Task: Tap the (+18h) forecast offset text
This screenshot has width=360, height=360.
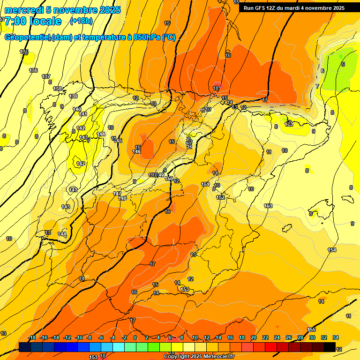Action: point(81,21)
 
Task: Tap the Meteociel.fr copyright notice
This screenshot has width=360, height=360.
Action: point(199,357)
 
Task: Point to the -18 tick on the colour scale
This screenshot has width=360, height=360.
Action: point(32,337)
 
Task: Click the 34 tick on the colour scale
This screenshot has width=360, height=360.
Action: point(336,337)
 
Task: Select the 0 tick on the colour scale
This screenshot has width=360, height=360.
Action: point(135,337)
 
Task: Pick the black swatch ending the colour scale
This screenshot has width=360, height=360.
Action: point(330,347)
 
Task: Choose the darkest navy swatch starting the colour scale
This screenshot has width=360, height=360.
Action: point(25,347)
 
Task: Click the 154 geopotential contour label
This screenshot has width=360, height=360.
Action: point(332,250)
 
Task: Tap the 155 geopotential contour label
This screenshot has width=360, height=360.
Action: point(312,330)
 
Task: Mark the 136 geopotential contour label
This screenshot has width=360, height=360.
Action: point(33,70)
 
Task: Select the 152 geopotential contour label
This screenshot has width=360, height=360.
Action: point(220,197)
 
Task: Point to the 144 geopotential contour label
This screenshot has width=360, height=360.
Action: point(62,233)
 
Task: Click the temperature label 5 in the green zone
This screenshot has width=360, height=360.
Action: point(343,64)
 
